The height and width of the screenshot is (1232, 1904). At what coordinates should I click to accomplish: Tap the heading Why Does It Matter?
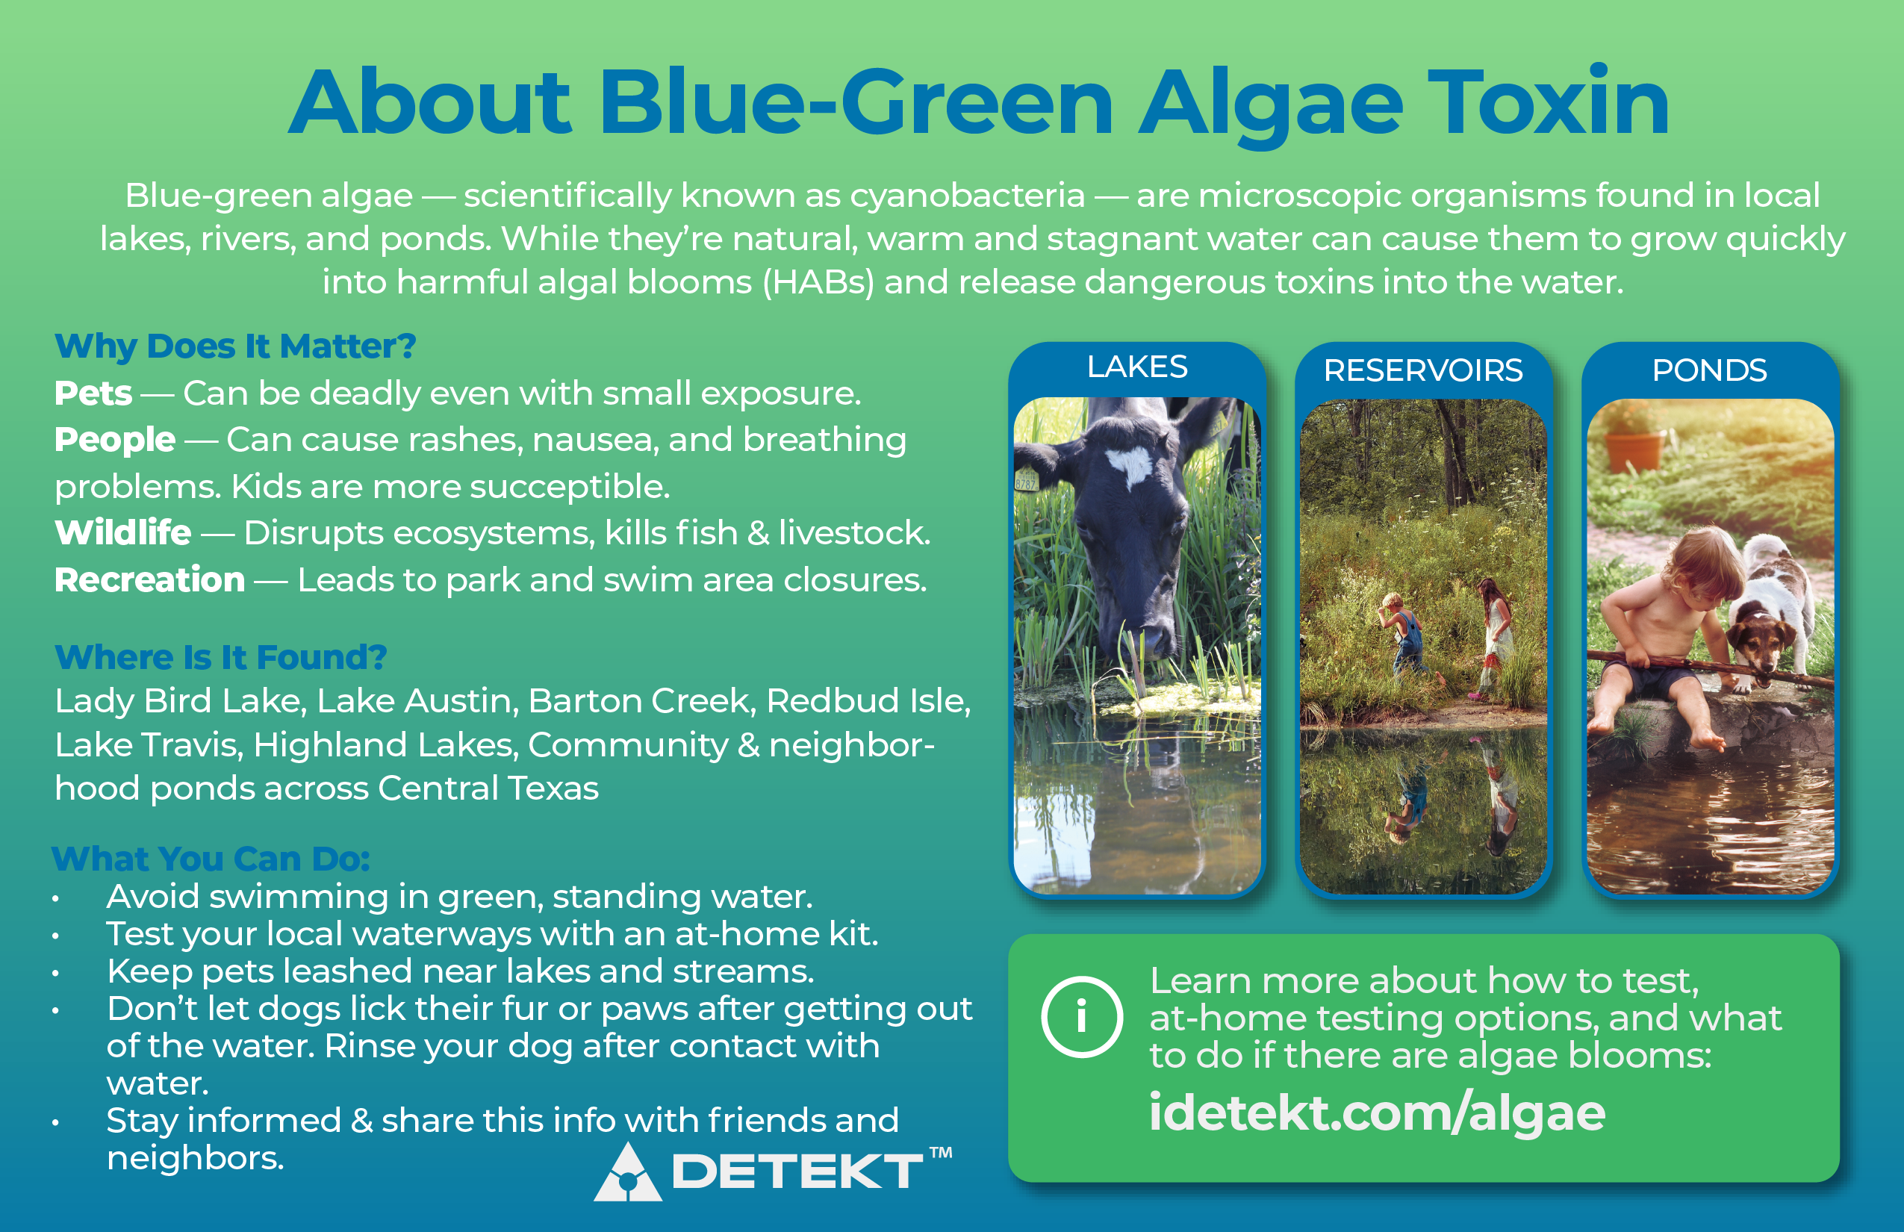click(x=235, y=346)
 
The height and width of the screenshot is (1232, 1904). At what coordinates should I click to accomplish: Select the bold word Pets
click(x=93, y=393)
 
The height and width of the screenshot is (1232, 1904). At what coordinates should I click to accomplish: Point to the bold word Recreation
click(x=149, y=579)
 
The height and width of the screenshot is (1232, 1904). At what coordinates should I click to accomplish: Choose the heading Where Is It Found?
click(x=221, y=657)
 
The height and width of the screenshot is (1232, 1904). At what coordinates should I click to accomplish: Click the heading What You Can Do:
click(x=211, y=859)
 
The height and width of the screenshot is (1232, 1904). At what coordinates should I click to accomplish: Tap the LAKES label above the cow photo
click(x=1136, y=367)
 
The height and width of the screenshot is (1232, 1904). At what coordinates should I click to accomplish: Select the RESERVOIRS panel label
click(x=1423, y=370)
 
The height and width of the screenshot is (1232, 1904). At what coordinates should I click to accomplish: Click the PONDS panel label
click(x=1710, y=370)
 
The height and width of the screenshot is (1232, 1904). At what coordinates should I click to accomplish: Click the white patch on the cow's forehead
click(x=1130, y=464)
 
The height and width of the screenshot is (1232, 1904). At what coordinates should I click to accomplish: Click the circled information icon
click(x=1082, y=1017)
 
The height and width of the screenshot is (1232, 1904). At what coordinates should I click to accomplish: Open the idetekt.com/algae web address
click(x=1377, y=1113)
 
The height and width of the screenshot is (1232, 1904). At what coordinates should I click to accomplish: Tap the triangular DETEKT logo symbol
click(x=627, y=1173)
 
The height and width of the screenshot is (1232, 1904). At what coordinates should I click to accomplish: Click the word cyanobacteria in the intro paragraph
click(x=967, y=195)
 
